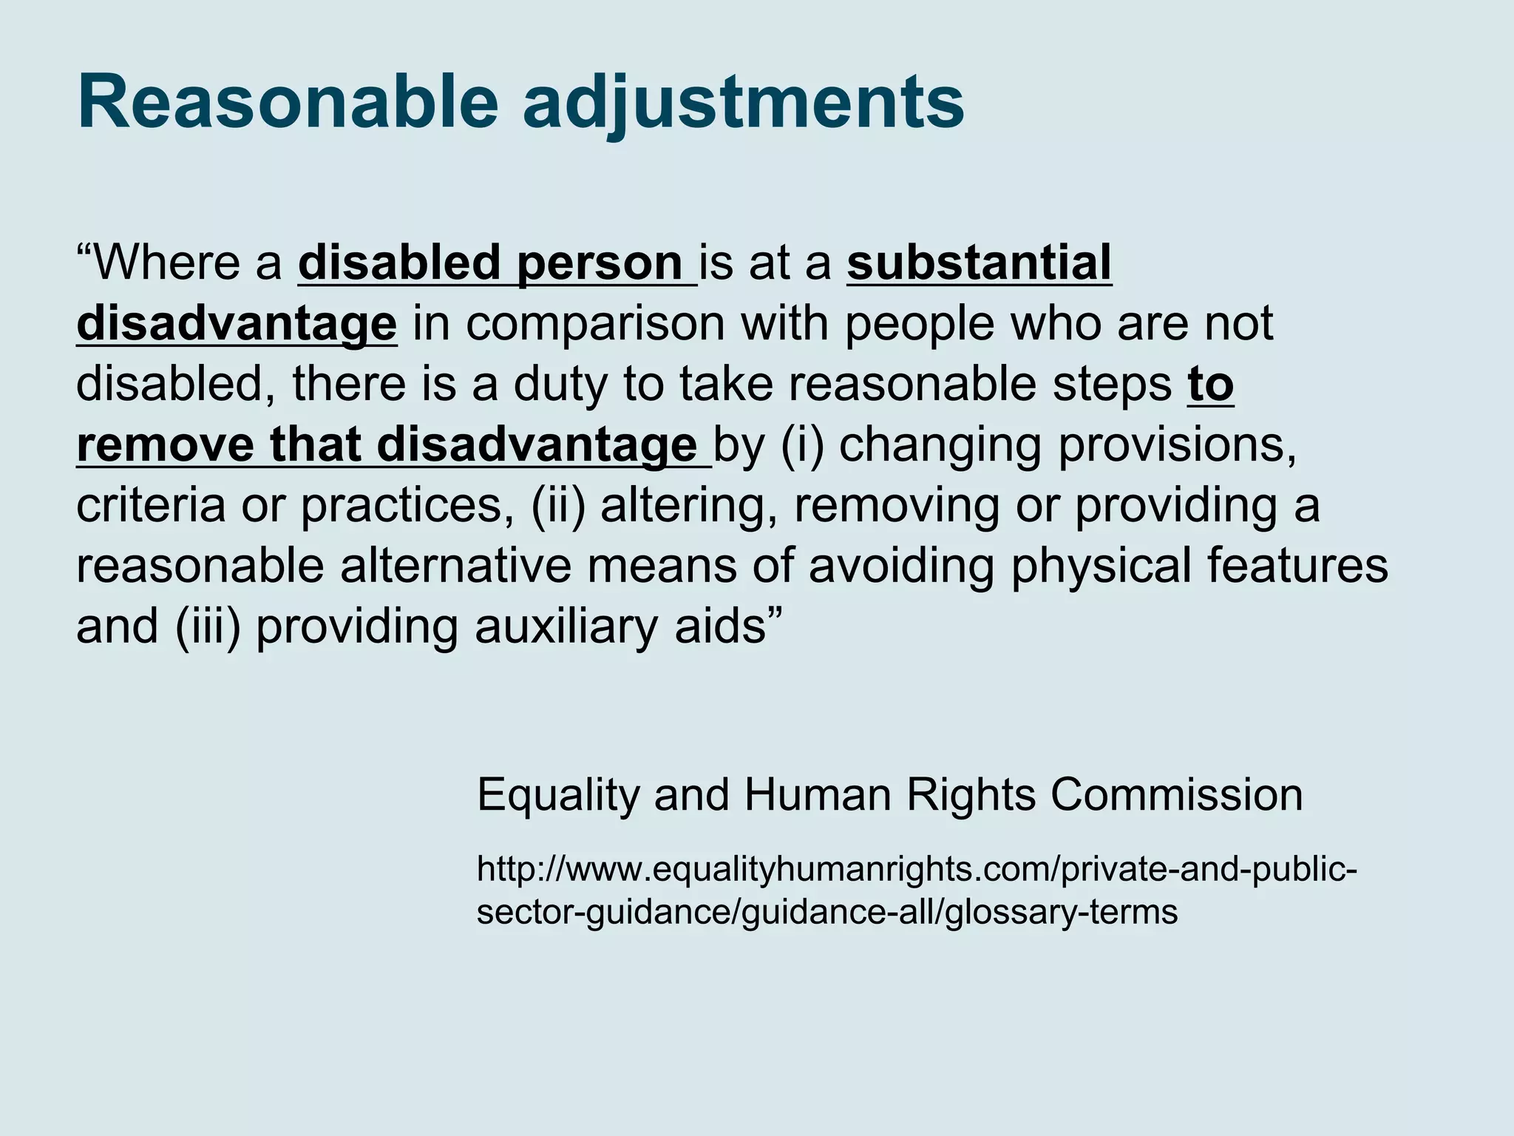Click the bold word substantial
979,263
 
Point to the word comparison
595,325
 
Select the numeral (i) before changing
802,446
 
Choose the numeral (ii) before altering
558,507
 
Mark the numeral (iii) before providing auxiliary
209,627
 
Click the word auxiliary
566,627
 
